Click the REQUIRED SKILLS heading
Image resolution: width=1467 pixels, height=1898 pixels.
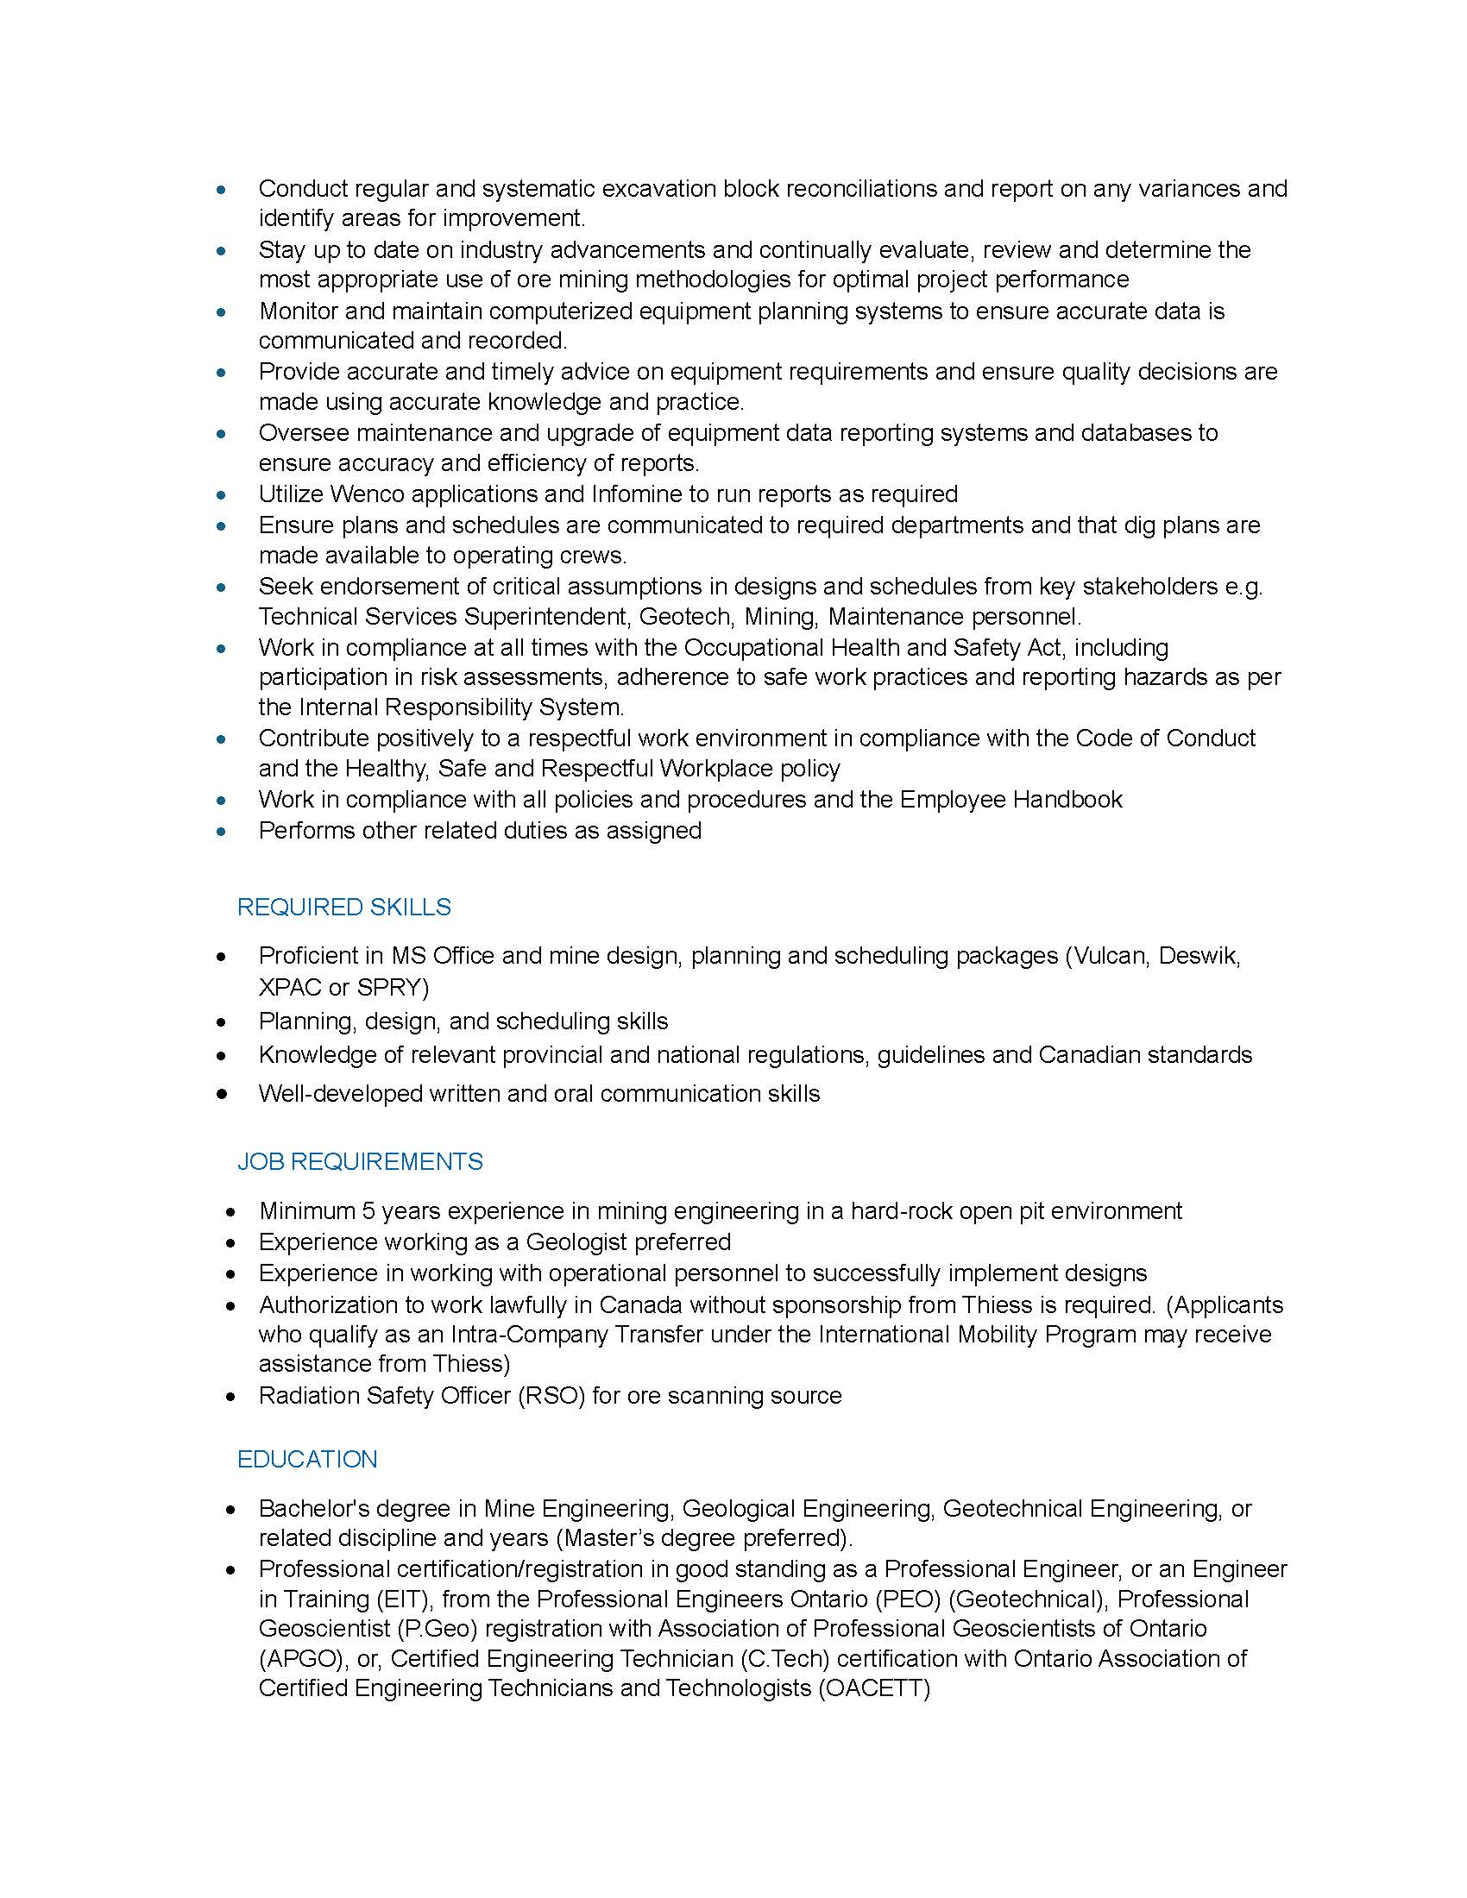pyautogui.click(x=343, y=907)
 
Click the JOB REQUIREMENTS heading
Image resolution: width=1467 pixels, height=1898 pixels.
pyautogui.click(x=360, y=1161)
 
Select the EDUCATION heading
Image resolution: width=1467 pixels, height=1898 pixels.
pyautogui.click(x=307, y=1459)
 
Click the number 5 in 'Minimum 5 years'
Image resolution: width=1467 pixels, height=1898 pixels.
pyautogui.click(x=368, y=1210)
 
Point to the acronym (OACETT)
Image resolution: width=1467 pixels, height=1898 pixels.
pyautogui.click(x=873, y=1688)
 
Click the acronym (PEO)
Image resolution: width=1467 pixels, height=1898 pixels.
pyautogui.click(x=911, y=1599)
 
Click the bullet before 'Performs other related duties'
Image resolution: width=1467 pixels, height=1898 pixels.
pyautogui.click(x=222, y=831)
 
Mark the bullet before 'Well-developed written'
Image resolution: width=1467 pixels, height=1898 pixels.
pyautogui.click(x=222, y=1094)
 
